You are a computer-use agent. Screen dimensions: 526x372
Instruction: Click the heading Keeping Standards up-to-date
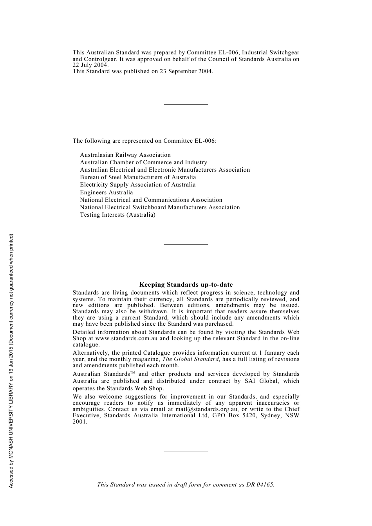click(186, 285)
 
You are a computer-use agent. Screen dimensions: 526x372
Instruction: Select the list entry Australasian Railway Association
click(125, 155)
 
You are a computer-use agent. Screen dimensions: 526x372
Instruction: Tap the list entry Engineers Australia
click(107, 192)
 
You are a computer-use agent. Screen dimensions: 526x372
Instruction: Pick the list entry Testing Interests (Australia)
click(118, 215)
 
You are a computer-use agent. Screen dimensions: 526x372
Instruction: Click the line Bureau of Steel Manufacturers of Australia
click(138, 177)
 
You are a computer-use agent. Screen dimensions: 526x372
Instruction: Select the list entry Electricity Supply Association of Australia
click(138, 185)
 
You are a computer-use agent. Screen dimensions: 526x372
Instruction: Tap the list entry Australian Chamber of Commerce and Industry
click(144, 162)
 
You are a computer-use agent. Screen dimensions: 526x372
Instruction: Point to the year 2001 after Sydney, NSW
click(80, 422)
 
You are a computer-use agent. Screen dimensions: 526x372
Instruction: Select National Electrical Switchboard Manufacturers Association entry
click(160, 207)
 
